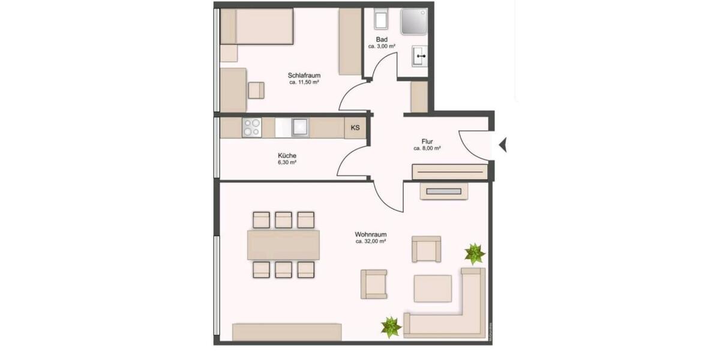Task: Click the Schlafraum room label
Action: coord(304,76)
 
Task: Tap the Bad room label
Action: coord(382,40)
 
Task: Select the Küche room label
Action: coord(287,155)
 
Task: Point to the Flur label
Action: coord(427,142)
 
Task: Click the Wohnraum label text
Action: coord(370,234)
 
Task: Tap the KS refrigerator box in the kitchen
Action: coord(355,128)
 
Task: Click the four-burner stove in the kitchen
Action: coord(252,127)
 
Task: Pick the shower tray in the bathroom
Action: coord(413,21)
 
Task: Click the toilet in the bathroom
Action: coord(381,20)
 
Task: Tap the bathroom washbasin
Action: coord(419,58)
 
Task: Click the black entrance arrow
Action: coord(503,145)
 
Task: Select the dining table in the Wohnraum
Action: coord(283,245)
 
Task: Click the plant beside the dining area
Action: coord(391,326)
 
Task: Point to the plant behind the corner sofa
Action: coord(474,253)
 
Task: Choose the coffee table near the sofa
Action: coord(433,288)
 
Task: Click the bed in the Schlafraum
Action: coord(256,26)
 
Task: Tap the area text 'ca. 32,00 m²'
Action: coord(370,241)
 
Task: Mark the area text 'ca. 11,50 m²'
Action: coord(304,82)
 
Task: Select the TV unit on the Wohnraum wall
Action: coord(443,191)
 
